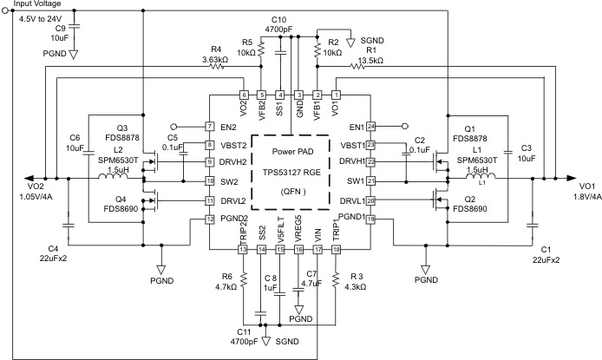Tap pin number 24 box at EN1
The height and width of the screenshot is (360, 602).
370,126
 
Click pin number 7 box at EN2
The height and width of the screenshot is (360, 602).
209,126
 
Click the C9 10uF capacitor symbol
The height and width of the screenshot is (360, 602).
73,28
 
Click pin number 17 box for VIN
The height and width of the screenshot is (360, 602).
317,250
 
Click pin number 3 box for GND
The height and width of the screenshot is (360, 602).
298,95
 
